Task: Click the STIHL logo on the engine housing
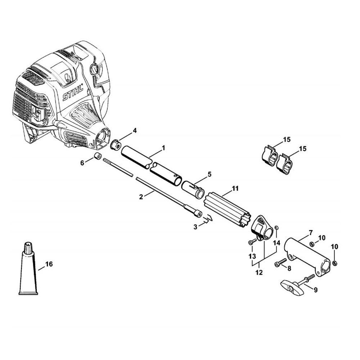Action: pos(74,93)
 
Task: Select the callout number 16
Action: pos(49,264)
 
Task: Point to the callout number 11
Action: pos(235,188)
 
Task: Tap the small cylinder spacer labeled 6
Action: pos(96,157)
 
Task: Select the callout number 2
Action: pos(141,197)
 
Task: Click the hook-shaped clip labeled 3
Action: pos(209,219)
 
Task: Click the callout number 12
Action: pos(259,273)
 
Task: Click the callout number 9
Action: pos(315,289)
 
